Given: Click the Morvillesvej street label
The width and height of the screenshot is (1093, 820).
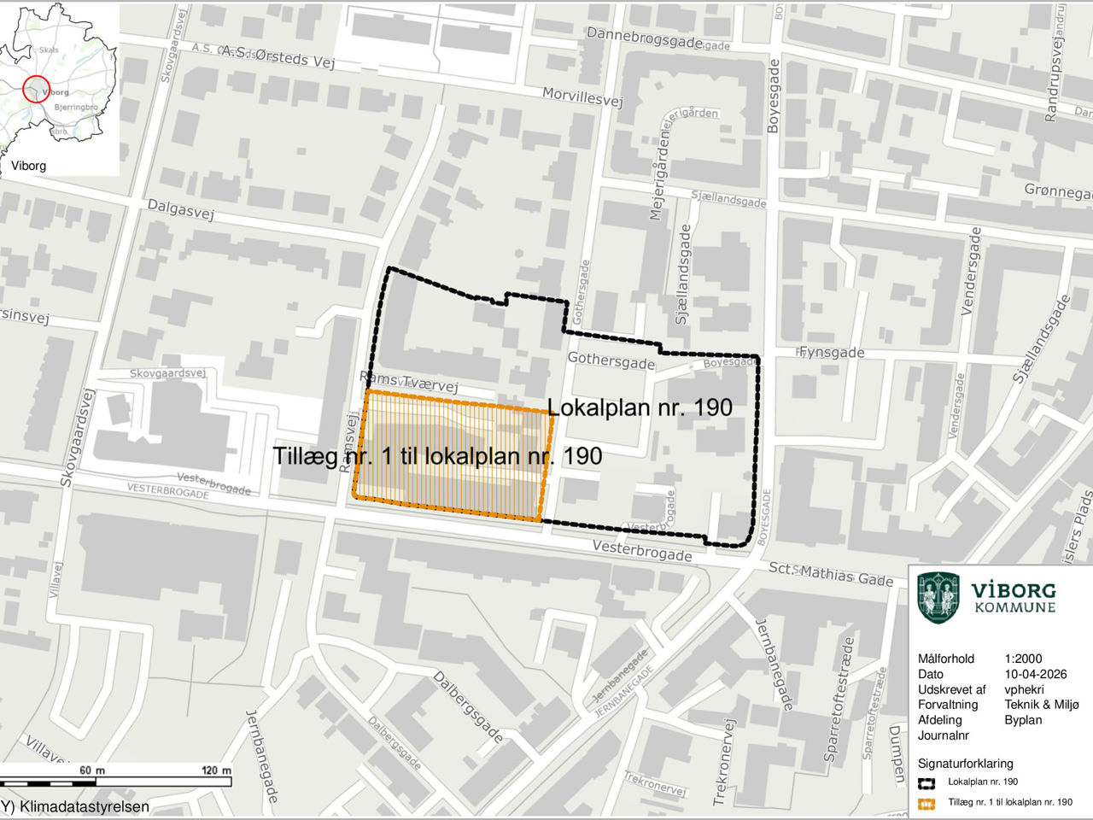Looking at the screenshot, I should pyautogui.click(x=584, y=97).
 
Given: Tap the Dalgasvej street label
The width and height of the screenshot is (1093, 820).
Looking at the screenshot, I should pyautogui.click(x=180, y=209).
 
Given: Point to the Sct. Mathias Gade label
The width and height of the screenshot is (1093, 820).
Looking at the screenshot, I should pyautogui.click(x=830, y=574).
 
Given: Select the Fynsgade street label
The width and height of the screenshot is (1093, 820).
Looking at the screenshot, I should pyautogui.click(x=831, y=352).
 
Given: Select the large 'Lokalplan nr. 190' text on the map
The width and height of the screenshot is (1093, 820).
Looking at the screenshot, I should pyautogui.click(x=640, y=407).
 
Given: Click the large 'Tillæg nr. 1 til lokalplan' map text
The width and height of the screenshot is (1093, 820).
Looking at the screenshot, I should pyautogui.click(x=437, y=456).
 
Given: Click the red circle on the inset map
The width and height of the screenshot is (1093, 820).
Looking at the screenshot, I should pyautogui.click(x=35, y=89).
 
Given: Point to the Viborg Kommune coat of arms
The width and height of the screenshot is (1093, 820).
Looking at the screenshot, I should pyautogui.click(x=938, y=597).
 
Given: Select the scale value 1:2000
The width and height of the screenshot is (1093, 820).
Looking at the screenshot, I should pyautogui.click(x=1023, y=659).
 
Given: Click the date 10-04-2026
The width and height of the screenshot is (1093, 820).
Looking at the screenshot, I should pyautogui.click(x=1036, y=674).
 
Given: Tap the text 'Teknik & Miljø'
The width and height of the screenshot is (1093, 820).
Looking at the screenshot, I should pyautogui.click(x=1042, y=705).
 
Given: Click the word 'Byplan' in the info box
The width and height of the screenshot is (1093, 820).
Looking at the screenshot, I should pyautogui.click(x=1023, y=720).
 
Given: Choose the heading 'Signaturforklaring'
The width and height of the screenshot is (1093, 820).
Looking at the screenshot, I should pyautogui.click(x=965, y=764).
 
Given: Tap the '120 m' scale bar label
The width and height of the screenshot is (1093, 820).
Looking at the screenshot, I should pyautogui.click(x=215, y=770).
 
